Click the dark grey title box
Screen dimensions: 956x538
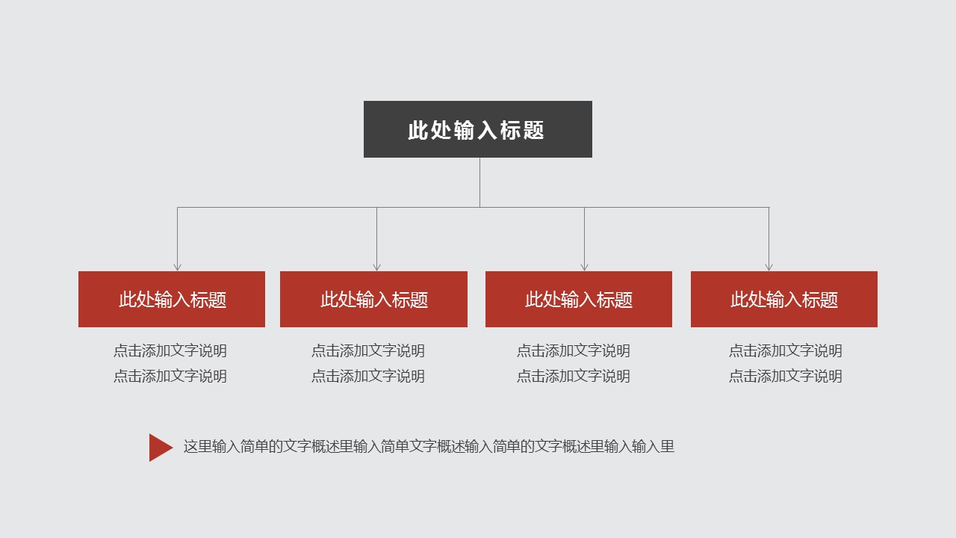point(477,129)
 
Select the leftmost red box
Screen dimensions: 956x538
point(172,300)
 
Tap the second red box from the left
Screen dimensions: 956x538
point(373,300)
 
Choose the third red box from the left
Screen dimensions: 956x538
point(579,300)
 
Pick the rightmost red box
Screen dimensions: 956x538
point(784,300)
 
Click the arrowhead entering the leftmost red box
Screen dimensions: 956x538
point(178,268)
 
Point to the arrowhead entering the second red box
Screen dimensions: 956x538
point(376,268)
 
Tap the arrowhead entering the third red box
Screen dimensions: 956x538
point(584,268)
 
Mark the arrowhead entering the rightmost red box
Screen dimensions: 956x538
point(769,268)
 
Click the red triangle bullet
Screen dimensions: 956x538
point(159,448)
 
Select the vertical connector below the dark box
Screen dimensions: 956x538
point(479,182)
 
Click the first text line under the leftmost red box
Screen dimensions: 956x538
point(170,351)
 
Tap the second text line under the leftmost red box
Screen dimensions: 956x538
point(170,376)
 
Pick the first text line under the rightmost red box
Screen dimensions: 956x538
point(785,351)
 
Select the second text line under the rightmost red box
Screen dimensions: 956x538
point(785,376)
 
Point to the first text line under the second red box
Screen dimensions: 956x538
point(368,351)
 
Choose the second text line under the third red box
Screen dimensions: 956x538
point(573,376)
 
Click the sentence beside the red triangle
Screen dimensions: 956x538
point(429,447)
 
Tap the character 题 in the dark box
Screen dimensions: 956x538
point(533,130)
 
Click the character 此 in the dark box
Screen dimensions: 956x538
point(418,130)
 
